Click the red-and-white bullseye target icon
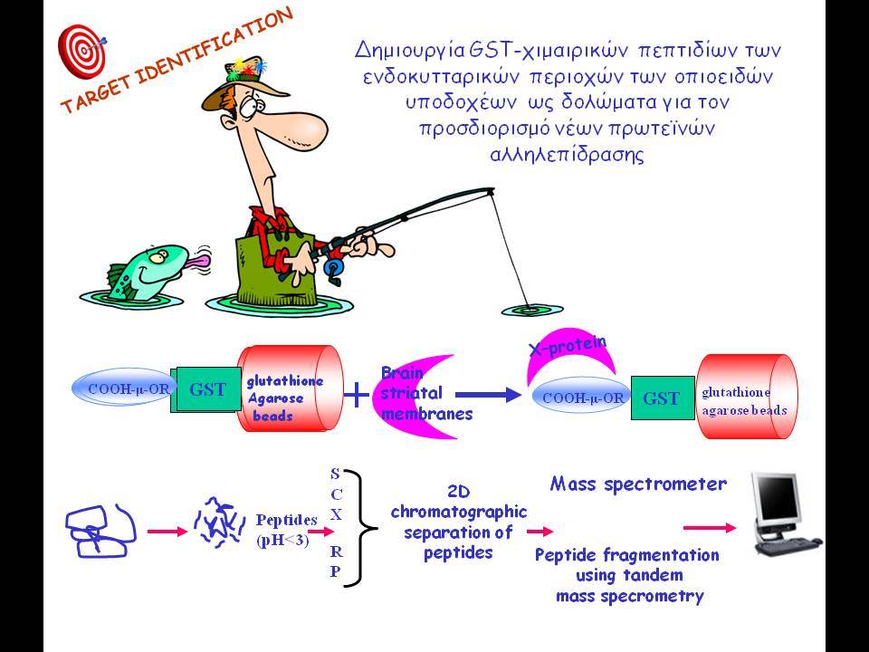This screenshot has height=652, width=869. (x=81, y=51)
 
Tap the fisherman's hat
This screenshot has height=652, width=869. (x=243, y=83)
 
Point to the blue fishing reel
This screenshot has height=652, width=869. (x=333, y=269)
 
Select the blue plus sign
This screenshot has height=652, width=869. (x=357, y=395)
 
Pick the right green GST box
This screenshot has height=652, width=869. (x=663, y=398)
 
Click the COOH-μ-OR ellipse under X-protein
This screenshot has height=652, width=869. (x=582, y=398)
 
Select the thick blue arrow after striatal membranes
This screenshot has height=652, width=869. (x=488, y=395)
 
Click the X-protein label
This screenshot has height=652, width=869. (x=568, y=345)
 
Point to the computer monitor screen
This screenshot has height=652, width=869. (x=775, y=495)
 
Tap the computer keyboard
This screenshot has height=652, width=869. (x=789, y=545)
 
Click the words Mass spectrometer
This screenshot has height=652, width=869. (x=638, y=484)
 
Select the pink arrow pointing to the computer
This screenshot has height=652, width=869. (x=710, y=528)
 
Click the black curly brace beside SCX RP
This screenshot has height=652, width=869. (x=363, y=528)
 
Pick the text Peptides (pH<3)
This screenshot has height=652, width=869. (x=286, y=530)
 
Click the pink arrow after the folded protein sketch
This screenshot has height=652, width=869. (x=167, y=532)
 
